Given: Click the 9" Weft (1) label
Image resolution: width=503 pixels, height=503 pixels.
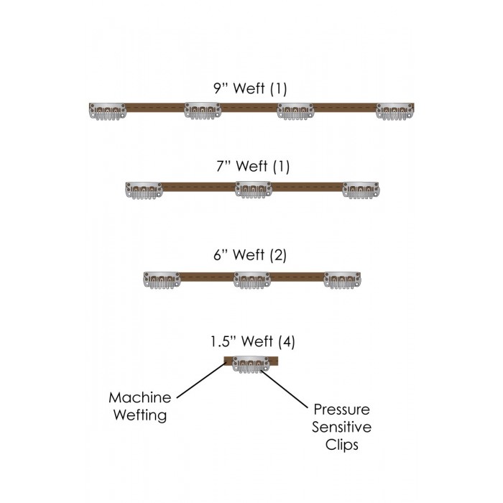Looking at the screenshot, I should click(x=251, y=90).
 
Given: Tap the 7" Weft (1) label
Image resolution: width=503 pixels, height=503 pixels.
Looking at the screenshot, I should click(x=251, y=167).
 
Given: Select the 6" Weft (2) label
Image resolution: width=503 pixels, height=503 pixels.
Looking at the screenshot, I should click(x=251, y=255).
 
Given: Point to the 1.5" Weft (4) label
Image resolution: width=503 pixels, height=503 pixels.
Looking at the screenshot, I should click(x=251, y=342).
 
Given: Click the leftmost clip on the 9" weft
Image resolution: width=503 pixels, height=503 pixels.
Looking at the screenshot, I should click(x=106, y=111).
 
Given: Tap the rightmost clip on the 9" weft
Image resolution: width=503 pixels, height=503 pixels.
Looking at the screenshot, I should click(x=395, y=111).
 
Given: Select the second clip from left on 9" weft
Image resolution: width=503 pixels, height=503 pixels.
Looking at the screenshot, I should click(x=203, y=111).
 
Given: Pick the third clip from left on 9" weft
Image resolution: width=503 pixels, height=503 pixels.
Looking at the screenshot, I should click(x=295, y=111).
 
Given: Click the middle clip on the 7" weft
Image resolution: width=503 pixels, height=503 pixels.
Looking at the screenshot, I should click(x=253, y=189).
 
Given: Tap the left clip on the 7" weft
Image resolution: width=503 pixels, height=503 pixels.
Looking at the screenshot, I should click(x=143, y=189).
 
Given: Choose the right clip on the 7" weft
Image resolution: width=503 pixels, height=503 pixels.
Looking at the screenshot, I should click(x=360, y=189).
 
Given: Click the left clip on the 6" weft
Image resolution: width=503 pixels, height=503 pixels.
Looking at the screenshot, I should click(x=162, y=280).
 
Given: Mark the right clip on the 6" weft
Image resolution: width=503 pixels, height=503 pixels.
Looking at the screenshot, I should click(x=341, y=280).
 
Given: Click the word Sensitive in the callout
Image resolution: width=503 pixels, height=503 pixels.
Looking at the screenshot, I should click(x=342, y=428).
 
